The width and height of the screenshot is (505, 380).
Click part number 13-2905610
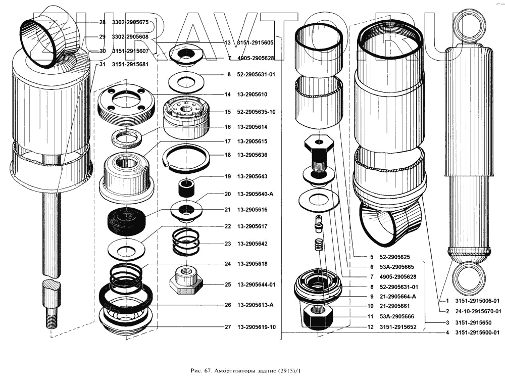point(252,94)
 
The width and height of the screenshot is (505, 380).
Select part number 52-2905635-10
point(257,112)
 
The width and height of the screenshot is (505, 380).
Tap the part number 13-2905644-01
point(257,284)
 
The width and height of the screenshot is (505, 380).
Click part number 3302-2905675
point(130,23)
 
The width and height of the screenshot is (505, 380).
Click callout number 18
point(227,155)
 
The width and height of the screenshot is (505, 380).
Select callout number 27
point(227,327)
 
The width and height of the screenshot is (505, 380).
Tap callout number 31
point(103,65)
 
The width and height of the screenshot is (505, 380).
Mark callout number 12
point(371,327)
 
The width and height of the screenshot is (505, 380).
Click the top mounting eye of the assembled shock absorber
point(469,26)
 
